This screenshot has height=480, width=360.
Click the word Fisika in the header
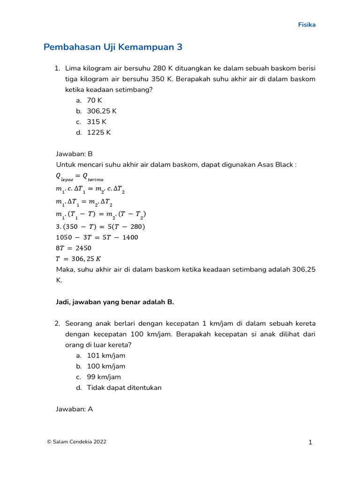[x=307, y=25]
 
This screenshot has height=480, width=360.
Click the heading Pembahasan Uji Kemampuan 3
[x=112, y=47]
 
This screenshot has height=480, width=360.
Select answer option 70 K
[x=94, y=100]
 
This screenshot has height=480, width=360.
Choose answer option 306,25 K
[x=101, y=111]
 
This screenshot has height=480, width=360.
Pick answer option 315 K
[x=97, y=122]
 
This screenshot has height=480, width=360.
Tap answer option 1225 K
[x=98, y=132]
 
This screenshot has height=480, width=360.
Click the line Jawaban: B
[x=75, y=154]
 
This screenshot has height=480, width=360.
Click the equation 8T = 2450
[x=74, y=248]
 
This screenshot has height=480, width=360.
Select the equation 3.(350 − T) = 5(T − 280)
[x=100, y=226]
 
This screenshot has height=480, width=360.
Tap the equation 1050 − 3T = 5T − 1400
[x=97, y=237]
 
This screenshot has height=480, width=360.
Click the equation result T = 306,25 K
[x=78, y=259]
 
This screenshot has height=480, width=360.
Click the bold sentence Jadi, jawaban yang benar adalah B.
[x=115, y=302]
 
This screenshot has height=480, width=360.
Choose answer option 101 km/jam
[x=106, y=356]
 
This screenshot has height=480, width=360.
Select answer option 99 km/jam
[x=104, y=377]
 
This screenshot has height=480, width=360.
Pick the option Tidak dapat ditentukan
[x=124, y=388]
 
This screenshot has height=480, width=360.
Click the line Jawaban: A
[x=75, y=409]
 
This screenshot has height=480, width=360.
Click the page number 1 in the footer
[x=310, y=442]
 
